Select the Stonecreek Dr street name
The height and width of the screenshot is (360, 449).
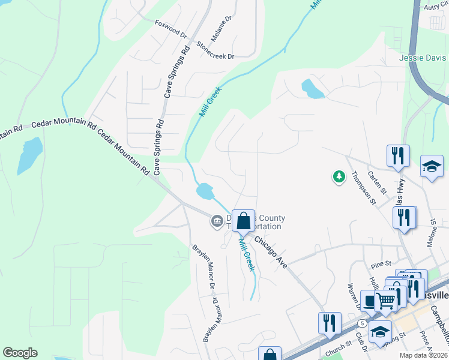coord(214,50)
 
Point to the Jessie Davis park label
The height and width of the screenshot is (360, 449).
coord(423,58)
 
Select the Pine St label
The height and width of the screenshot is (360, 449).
coord(381,263)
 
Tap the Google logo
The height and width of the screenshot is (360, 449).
coord(20,353)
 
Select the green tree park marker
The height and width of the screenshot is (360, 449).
coord(339,176)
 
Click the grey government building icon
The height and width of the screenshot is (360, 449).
coord(216,222)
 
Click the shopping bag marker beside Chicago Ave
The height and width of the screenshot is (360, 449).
coord(243,221)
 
